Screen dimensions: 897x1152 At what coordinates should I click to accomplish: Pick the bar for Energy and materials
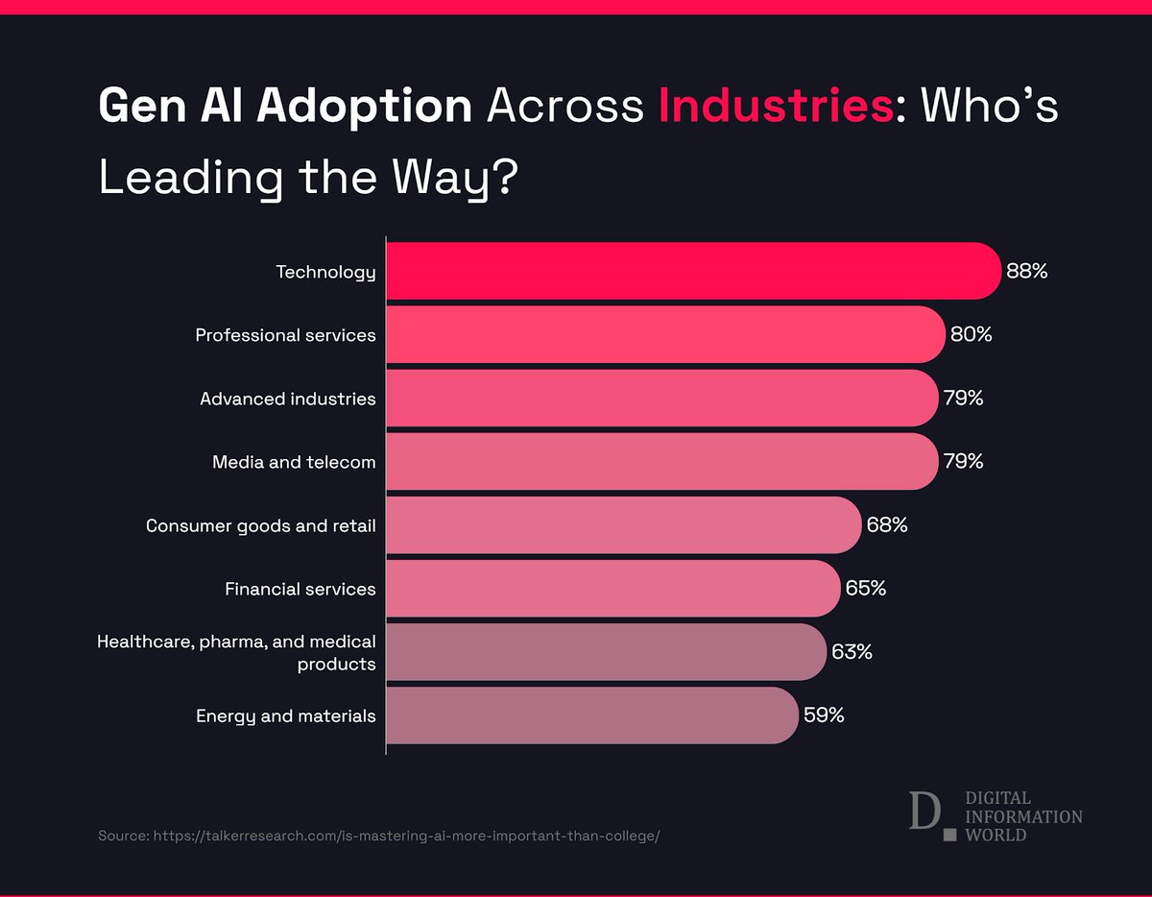click(x=591, y=715)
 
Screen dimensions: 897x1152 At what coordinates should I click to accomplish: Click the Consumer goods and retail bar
click(x=623, y=524)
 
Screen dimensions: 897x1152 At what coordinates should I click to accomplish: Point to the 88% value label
click(x=1026, y=271)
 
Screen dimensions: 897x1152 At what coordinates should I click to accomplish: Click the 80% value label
click(x=971, y=334)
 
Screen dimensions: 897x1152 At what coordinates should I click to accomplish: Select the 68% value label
click(x=886, y=524)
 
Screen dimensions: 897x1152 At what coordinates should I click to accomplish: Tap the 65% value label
click(x=865, y=588)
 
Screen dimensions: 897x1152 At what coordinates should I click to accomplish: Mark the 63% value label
click(x=852, y=651)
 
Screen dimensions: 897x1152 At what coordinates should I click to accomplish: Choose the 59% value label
click(x=824, y=715)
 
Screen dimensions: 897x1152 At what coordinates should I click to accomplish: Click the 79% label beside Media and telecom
click(x=963, y=461)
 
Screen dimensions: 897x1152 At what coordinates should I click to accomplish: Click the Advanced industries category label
click(x=287, y=399)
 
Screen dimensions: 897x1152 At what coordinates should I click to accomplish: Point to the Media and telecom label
click(x=294, y=462)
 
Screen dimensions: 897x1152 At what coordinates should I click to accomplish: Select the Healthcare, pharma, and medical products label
click(x=236, y=651)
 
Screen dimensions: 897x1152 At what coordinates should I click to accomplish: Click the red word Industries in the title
click(x=776, y=107)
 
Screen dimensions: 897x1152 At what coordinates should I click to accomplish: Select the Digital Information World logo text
click(x=1023, y=816)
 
